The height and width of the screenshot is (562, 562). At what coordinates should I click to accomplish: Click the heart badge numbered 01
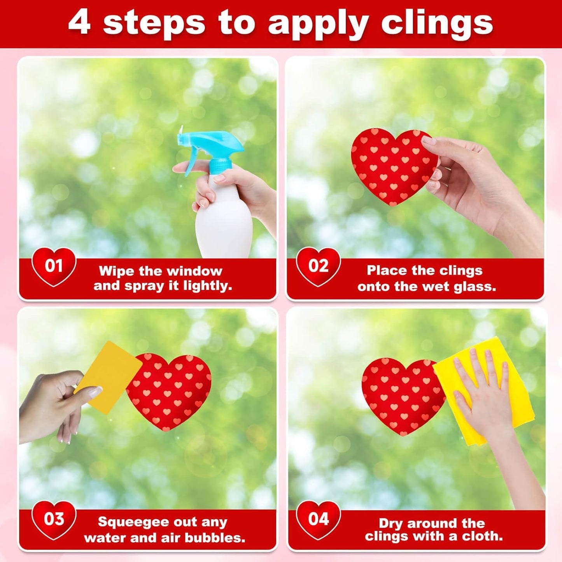point(54,266)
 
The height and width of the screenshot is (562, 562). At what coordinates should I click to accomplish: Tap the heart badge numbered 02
point(318,266)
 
